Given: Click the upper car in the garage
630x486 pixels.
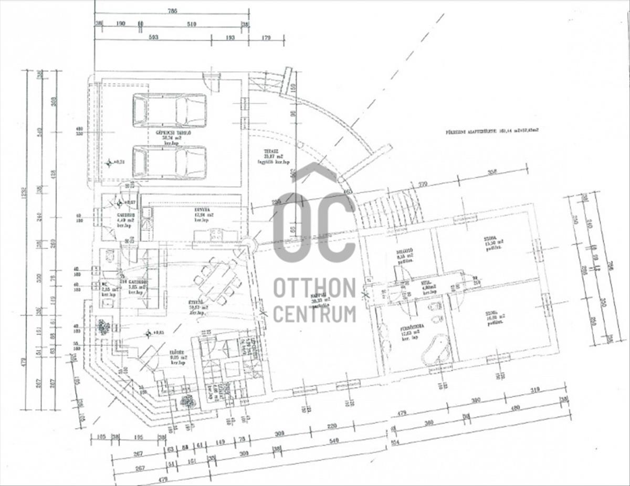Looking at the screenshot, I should pyautogui.click(x=169, y=110).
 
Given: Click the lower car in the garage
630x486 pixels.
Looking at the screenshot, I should pyautogui.click(x=169, y=162).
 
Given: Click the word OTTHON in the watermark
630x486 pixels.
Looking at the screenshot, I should pyautogui.click(x=314, y=288).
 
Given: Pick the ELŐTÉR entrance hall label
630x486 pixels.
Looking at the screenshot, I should pyautogui.click(x=177, y=357).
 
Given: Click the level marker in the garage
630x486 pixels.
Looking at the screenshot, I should pyautogui.click(x=109, y=163).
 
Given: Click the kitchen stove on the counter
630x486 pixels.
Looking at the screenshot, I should pyautogui.click(x=216, y=235).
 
